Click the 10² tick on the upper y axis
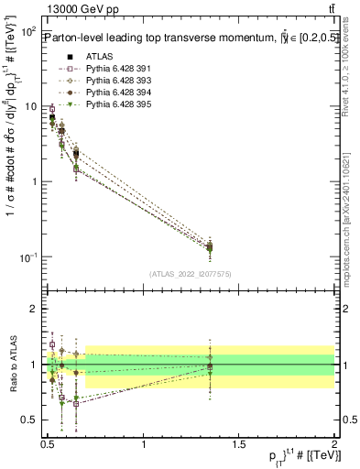pyautogui.click(x=27, y=32)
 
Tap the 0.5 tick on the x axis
pyautogui.click(x=49, y=444)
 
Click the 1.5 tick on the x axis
pyautogui.click(x=239, y=444)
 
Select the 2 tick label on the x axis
pyautogui.click(x=334, y=444)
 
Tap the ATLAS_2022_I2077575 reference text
pyautogui.click(x=190, y=274)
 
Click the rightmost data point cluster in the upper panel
pyautogui.click(x=210, y=247)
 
